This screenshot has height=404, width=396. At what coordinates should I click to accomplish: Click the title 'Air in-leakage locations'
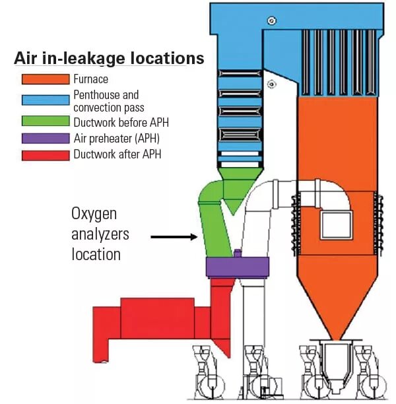tap(109, 58)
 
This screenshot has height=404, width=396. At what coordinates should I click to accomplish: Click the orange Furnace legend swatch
tap(45, 79)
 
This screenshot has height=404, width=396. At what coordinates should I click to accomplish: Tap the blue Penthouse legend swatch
tap(45, 100)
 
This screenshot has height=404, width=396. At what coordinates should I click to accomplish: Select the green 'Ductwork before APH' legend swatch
tap(45, 121)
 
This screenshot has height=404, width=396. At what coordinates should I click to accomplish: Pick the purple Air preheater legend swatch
tap(45, 139)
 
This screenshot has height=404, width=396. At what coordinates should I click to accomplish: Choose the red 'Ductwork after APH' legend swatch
tap(45, 155)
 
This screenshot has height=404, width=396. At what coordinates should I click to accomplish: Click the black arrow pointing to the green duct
tap(174, 235)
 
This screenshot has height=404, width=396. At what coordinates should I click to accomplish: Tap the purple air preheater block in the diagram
tap(238, 267)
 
